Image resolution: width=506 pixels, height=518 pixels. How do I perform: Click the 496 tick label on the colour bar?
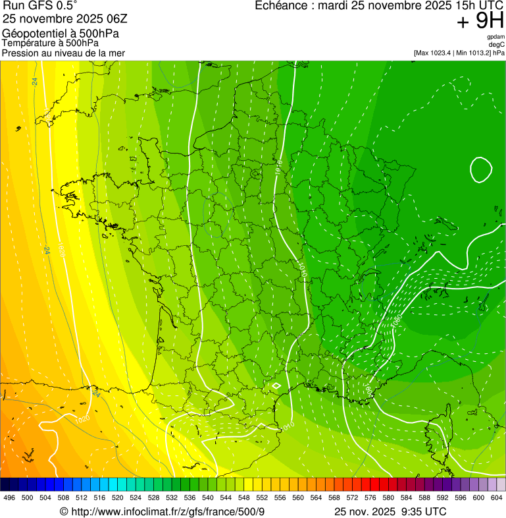pos(9,498)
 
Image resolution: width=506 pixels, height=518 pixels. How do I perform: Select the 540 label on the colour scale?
pos(208,498)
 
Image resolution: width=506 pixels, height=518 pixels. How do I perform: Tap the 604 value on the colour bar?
pos(497,498)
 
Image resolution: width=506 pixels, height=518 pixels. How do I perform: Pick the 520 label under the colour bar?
pos(118,498)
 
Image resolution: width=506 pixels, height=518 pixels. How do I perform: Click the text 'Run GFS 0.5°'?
pos(39,6)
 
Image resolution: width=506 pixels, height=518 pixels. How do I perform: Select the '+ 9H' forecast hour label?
pos(480,22)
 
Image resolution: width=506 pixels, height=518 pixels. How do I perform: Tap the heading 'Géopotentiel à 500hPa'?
pos(61,34)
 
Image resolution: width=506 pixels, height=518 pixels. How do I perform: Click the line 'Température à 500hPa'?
pos(51,43)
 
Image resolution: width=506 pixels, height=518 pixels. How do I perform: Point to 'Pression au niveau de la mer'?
pos(63,53)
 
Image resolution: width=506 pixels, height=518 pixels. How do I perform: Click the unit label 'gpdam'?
pos(496,37)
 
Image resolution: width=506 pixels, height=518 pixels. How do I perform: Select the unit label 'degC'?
pos(498,45)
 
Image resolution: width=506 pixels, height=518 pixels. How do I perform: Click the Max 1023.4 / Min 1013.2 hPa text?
pos(459,53)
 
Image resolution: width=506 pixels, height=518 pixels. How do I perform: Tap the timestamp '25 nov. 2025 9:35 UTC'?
pos(390,511)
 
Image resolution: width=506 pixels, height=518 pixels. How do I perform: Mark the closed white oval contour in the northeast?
pos(481,169)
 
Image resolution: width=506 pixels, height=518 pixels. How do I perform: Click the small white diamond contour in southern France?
pos(276,386)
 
